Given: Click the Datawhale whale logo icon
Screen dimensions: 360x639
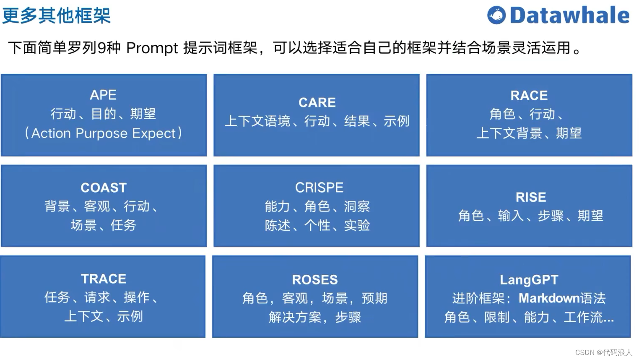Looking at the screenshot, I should pos(496,16).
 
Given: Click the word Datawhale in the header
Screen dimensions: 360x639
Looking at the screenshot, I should pos(569,16).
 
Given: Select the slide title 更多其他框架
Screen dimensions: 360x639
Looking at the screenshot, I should pos(56,16).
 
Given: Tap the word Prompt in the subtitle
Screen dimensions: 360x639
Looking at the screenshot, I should pos(152,48).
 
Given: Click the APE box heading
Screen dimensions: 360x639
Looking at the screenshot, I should pos(103,95).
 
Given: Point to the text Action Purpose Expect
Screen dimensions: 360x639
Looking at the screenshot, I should pos(103,133).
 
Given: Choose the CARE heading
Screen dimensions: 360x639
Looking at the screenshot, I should pos(317,102).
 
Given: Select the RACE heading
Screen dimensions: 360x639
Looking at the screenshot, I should pos(529,96).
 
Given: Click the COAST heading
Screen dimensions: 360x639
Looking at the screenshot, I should pos(103,188).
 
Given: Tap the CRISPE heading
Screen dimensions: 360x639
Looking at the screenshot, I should pos(319,188).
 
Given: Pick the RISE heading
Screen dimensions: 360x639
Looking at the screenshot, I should pos(530,197).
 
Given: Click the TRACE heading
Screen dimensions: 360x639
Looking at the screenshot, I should pos(103,279).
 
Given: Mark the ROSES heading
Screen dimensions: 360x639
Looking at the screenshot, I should pos(314,279).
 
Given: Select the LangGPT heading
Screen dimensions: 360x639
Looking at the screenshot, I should pos(529,279).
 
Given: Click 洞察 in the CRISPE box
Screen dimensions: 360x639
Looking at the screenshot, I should pos(357,206).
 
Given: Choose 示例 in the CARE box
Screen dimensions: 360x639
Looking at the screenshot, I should pos(396,121).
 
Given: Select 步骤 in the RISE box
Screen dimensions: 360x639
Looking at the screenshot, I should pos(551,216).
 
